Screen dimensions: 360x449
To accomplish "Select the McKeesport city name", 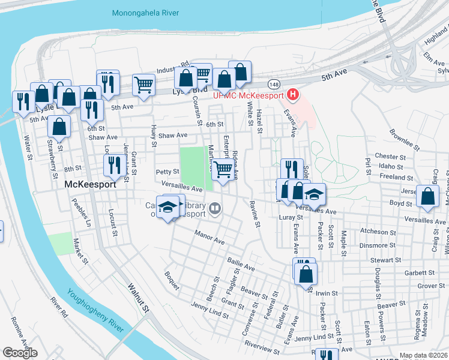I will click(89, 185).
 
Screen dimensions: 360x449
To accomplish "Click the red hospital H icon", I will click(292, 94).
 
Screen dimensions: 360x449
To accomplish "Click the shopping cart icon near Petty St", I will click(223, 170).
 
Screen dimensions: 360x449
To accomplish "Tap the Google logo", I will click(20, 353).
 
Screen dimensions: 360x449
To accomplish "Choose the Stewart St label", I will click(385, 260).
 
